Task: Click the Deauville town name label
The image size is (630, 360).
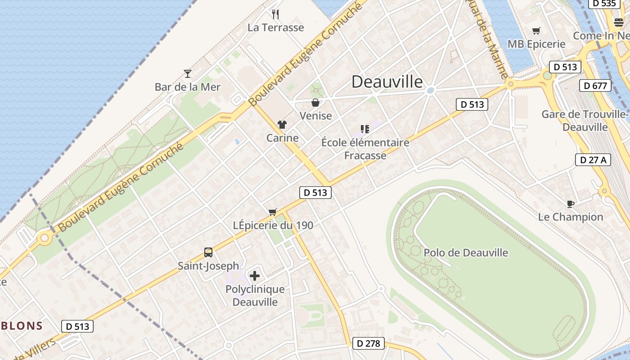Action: [387, 82]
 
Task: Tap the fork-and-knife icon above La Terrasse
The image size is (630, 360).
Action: [276, 14]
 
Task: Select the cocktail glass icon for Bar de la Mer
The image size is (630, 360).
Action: [188, 73]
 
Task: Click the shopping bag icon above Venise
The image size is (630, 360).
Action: [315, 103]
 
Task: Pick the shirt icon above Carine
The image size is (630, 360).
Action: [282, 125]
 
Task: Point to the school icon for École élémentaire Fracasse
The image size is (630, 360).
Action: [365, 130]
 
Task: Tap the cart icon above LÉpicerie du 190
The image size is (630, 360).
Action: [272, 212]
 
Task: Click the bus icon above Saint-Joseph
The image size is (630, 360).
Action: [208, 252]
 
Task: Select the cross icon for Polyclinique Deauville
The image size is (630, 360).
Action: [255, 275]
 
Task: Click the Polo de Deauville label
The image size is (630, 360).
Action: [466, 253]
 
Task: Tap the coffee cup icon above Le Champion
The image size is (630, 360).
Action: [570, 204]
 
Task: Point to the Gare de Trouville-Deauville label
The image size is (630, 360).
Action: [585, 121]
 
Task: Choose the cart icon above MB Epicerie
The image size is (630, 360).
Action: [536, 31]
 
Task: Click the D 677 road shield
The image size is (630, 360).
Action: [596, 85]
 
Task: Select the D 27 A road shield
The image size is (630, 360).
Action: [593, 159]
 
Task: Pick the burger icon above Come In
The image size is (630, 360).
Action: [618, 22]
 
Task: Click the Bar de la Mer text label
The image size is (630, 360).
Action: [188, 87]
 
